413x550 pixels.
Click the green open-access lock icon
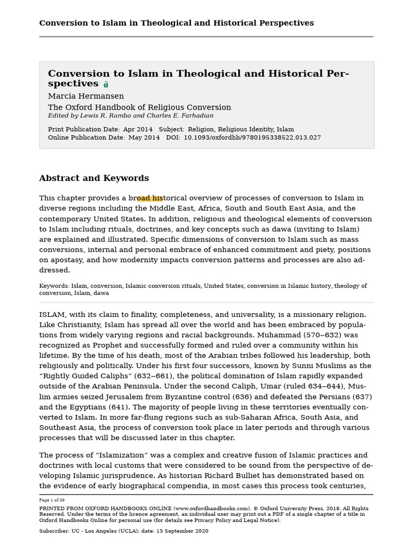point(106,84)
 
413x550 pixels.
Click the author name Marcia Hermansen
point(86,96)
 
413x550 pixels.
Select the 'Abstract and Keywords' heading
point(94,178)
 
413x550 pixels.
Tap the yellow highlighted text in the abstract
point(149,198)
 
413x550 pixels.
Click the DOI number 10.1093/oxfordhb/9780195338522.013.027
point(252,137)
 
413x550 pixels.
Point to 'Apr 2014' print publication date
point(137,129)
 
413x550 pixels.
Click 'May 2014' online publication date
point(144,137)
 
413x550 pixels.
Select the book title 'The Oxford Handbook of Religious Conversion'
point(139,107)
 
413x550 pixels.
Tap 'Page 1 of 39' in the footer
point(52,500)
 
